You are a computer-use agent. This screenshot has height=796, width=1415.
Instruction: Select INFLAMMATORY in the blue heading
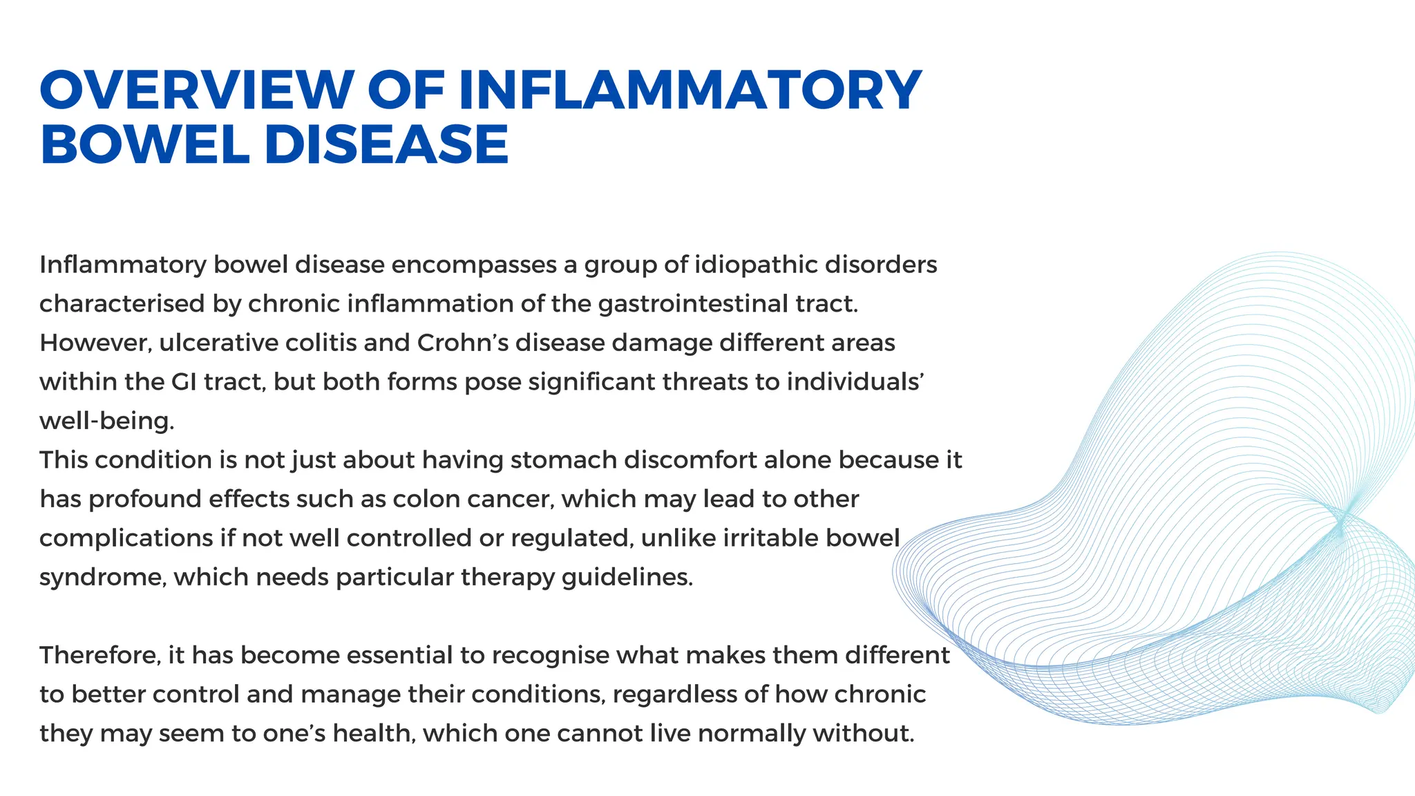point(690,90)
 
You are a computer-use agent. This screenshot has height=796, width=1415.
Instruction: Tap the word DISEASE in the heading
point(386,145)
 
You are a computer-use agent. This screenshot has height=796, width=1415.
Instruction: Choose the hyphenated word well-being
point(106,421)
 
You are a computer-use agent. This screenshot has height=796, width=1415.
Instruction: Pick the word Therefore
point(99,656)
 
